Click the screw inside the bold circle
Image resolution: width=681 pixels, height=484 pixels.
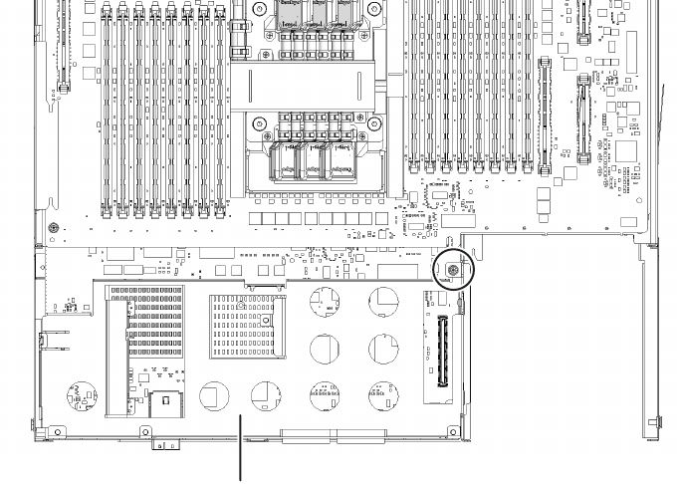pyautogui.click(x=453, y=270)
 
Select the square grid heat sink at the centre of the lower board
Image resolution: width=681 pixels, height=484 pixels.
pyautogui.click(x=240, y=325)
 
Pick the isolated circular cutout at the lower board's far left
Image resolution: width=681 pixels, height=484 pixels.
pyautogui.click(x=80, y=397)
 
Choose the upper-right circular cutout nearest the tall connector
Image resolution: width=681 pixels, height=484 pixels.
pyautogui.click(x=384, y=302)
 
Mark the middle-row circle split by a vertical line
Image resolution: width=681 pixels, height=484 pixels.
pyautogui.click(x=326, y=349)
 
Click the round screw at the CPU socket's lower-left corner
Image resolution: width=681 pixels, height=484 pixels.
pyautogui.click(x=259, y=126)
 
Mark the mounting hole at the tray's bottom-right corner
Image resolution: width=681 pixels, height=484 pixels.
pyautogui.click(x=453, y=431)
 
